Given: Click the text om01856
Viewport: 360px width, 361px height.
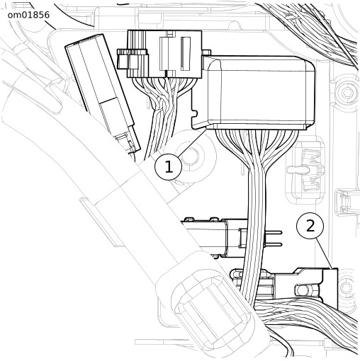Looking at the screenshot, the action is [28, 15].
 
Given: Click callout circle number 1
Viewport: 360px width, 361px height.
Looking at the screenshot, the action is [169, 167].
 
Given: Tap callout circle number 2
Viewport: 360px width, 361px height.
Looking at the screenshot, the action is [310, 226].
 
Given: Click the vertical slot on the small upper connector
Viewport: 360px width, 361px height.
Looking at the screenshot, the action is [186, 54].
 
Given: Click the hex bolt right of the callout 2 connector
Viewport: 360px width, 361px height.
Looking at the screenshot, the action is [347, 287].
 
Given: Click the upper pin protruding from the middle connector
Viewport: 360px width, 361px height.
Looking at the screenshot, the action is [272, 232].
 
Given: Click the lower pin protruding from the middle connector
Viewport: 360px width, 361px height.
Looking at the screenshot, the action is [272, 244].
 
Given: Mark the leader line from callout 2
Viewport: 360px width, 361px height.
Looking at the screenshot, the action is [324, 253].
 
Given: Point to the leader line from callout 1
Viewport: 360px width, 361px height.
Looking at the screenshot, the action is [192, 142].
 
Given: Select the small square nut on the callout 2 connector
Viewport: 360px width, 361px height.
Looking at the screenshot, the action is [301, 290].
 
